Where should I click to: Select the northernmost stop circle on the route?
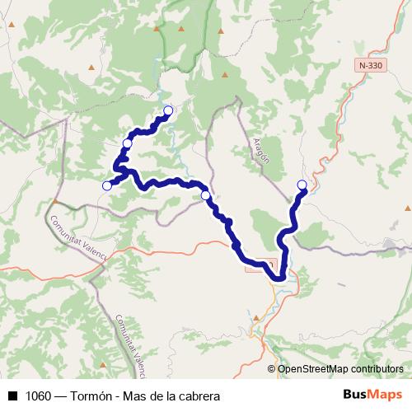(168, 110)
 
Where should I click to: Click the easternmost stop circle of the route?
(302, 185)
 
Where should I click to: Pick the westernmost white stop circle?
(106, 186)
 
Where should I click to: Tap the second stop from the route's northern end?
(127, 144)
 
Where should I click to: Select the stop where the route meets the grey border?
(205, 195)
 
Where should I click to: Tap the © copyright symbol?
(272, 369)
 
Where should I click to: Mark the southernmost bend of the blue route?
(283, 278)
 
